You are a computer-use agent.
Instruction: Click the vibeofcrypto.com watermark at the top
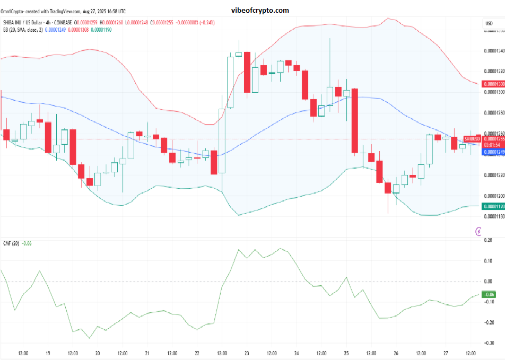[x=260, y=10]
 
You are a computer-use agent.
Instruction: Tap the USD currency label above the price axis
[x=489, y=23]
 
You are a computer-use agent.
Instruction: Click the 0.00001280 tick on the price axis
[x=492, y=113]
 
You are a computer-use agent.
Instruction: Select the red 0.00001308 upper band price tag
[x=492, y=84]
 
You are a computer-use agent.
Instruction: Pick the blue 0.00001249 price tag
[x=492, y=152]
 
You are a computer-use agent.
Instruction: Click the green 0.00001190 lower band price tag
[x=492, y=207]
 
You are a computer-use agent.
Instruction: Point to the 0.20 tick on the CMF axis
[x=488, y=240]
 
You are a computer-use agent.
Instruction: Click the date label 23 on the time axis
[x=247, y=353]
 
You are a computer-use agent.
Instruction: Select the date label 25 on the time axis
[x=346, y=353]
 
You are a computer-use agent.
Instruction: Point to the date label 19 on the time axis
[x=48, y=353]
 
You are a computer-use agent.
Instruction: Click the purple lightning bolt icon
[x=480, y=231]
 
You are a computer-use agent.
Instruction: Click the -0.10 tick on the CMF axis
[x=487, y=302]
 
